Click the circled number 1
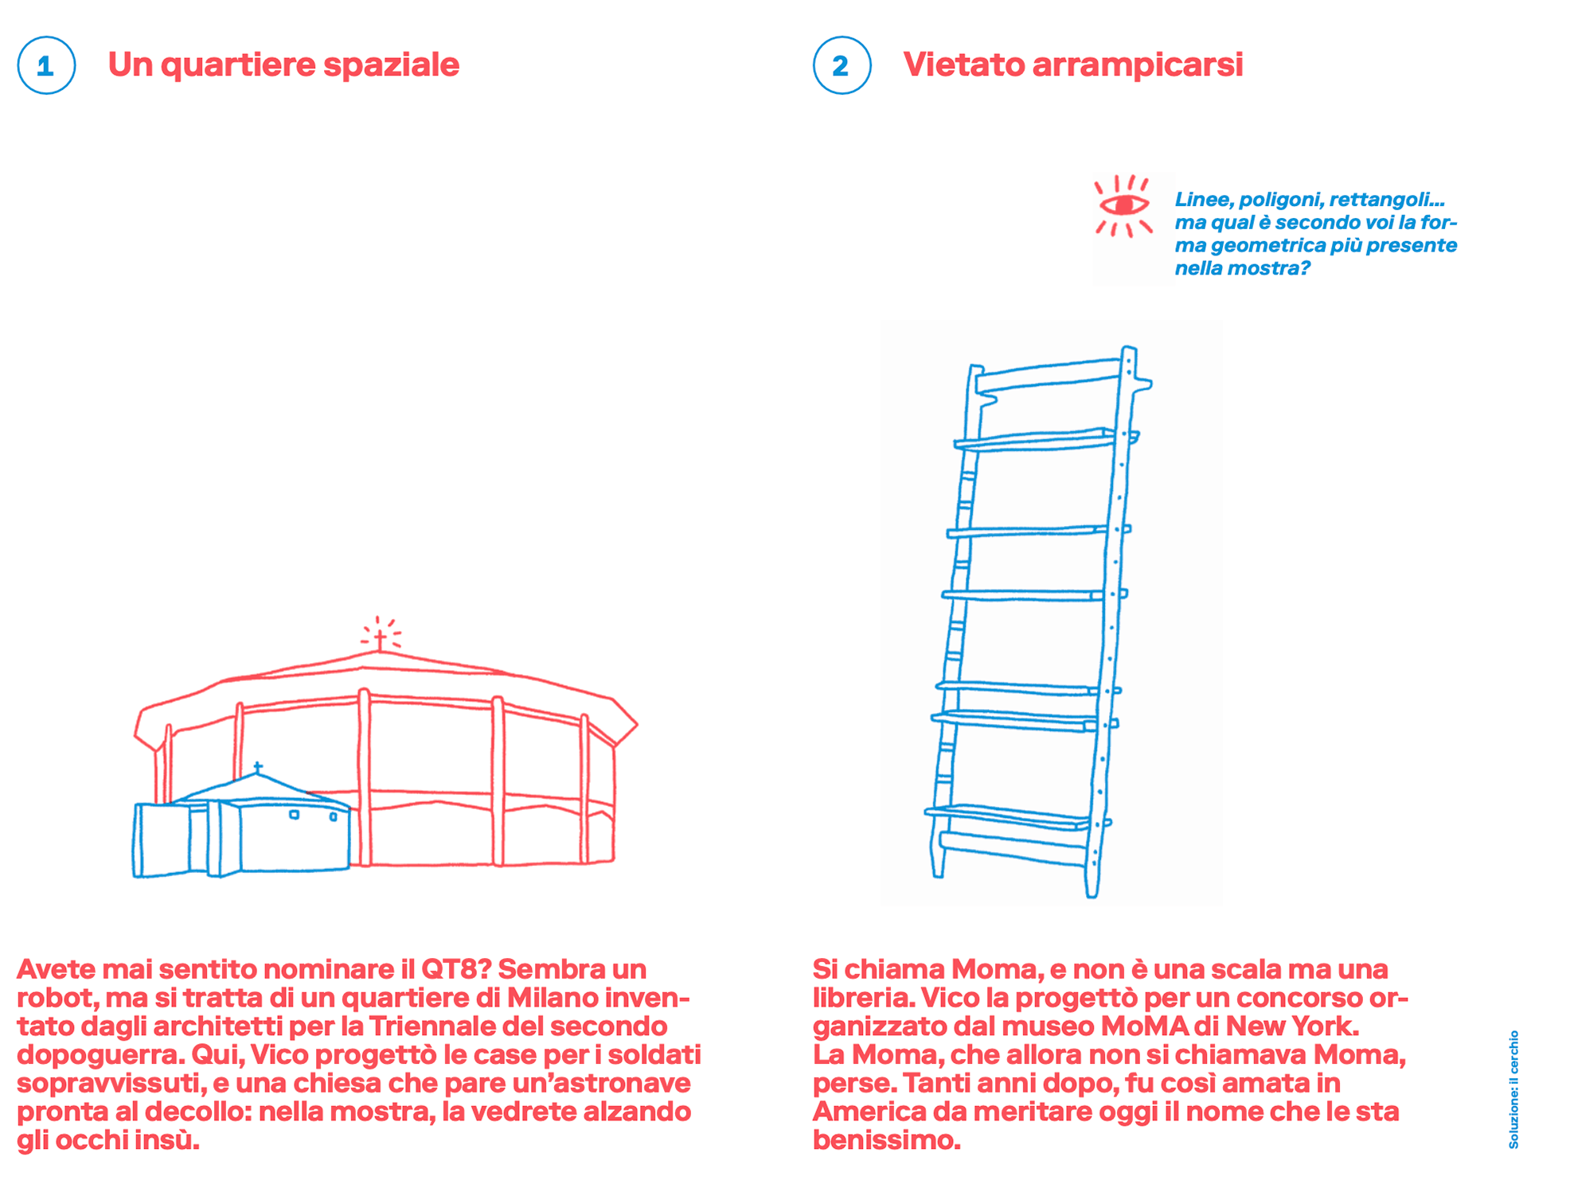[46, 65]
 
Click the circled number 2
[842, 65]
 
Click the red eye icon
[1123, 205]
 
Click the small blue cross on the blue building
[257, 767]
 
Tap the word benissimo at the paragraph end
[886, 1141]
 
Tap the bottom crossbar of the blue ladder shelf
[1013, 848]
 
